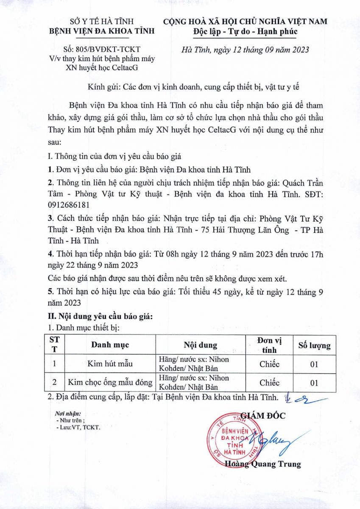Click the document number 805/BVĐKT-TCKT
click(101, 49)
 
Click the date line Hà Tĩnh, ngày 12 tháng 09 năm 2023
click(245, 49)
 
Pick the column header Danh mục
click(110, 344)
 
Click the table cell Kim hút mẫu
click(110, 364)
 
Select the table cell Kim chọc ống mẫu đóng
click(110, 382)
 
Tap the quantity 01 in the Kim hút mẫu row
click(314, 364)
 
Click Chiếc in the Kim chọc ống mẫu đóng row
click(269, 383)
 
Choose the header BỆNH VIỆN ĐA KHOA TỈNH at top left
click(102, 31)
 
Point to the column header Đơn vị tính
click(269, 345)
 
